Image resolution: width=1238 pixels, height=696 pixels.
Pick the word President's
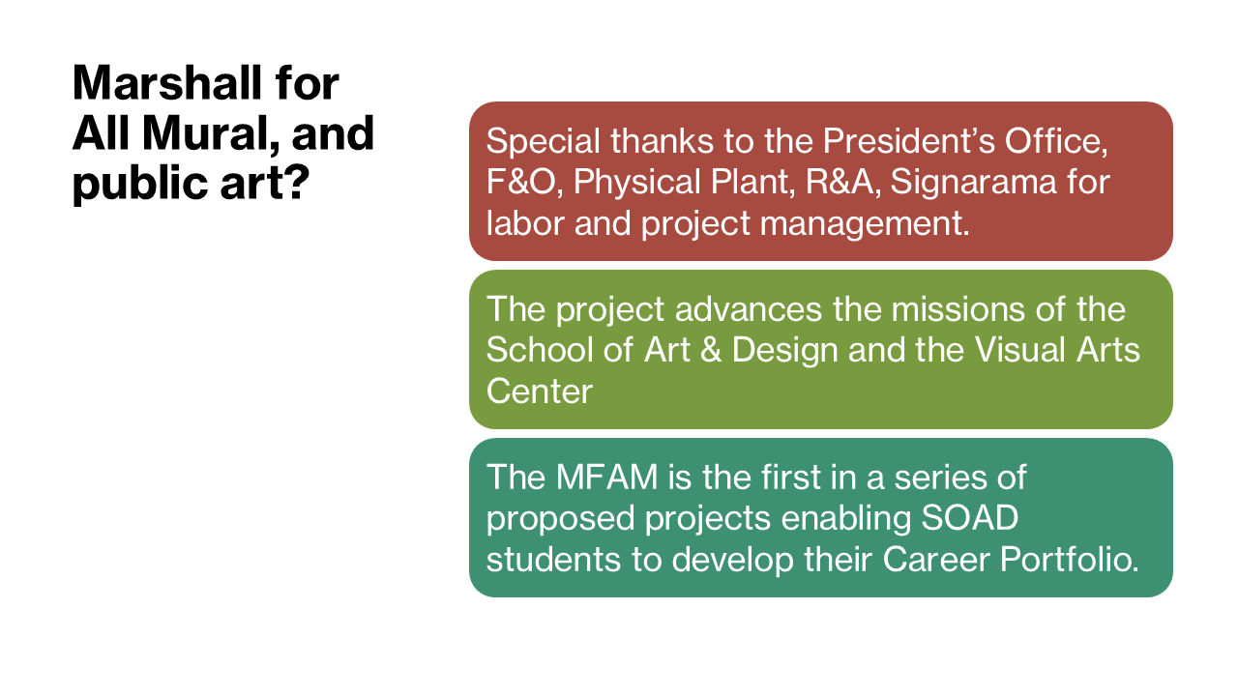coord(908,141)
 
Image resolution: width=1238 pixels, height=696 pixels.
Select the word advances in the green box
coord(749,309)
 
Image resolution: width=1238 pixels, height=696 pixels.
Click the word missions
coord(958,309)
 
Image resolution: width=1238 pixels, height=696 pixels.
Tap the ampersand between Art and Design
coord(711,350)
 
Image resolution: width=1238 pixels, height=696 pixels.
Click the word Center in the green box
coord(540,391)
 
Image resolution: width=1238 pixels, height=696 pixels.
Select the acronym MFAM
coord(606,478)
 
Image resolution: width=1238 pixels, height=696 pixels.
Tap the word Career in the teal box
coord(936,560)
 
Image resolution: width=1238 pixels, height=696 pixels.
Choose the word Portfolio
coord(1070,560)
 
